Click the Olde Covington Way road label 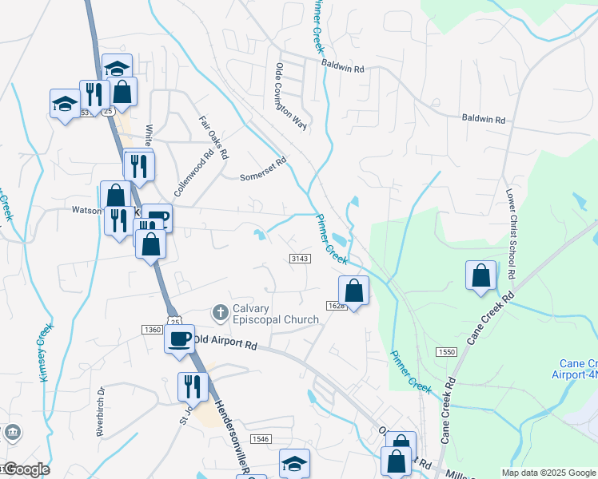(x=291, y=96)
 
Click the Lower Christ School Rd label (x=510, y=233)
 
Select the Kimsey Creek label (x=47, y=352)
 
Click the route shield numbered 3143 (x=299, y=259)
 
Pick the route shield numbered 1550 (x=445, y=352)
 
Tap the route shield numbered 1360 (x=152, y=330)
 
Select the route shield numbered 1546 (x=260, y=439)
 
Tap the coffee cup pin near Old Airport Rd (x=180, y=338)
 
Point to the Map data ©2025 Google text (x=548, y=473)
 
